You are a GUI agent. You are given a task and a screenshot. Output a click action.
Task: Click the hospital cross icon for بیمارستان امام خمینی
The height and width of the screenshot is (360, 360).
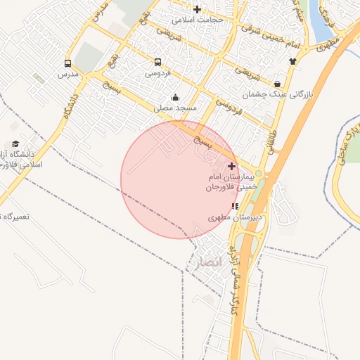pos(232,166)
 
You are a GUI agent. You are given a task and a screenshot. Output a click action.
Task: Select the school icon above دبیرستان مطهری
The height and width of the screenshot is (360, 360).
pos(234,206)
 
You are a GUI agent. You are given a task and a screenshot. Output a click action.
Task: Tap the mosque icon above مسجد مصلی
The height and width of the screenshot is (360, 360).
pos(175,97)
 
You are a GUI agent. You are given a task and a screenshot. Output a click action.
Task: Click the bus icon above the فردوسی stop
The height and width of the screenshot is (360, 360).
pos(157,62)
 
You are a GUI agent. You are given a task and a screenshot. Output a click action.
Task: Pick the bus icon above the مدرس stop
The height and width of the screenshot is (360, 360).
pos(67,63)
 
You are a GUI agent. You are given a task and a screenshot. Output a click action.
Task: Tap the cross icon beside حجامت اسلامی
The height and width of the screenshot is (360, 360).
pos(197,10)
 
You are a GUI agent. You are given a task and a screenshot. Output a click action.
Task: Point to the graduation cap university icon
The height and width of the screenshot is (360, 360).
pos(15,144)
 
